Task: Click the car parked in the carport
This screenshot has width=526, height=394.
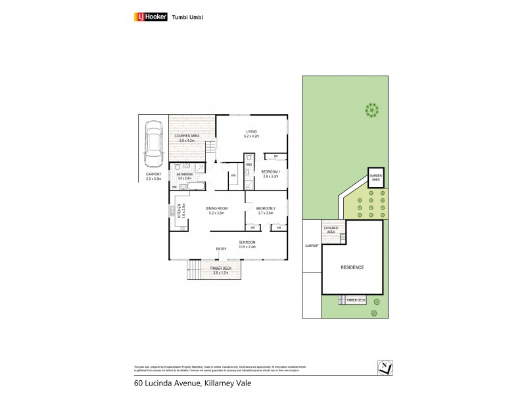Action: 154,144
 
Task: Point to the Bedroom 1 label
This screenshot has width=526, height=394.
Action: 272,172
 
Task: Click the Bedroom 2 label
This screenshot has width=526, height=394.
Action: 266,208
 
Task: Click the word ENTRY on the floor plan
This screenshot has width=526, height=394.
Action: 221,249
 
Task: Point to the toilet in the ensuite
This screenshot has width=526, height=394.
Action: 249,158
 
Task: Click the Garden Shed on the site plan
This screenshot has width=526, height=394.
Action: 375,177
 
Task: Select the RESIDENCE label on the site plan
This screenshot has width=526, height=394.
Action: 352,267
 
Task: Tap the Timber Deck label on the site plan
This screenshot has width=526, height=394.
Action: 356,300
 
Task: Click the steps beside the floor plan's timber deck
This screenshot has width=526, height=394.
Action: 194,269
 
